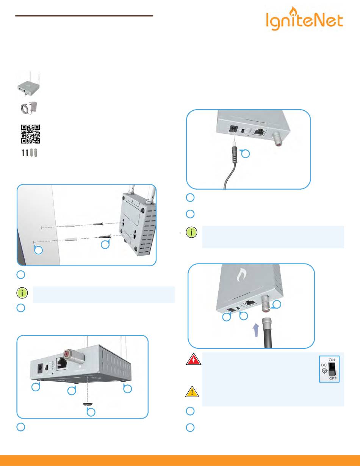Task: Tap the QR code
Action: pos(30,134)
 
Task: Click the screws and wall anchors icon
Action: pos(29,153)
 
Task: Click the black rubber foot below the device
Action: pos(89,405)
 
